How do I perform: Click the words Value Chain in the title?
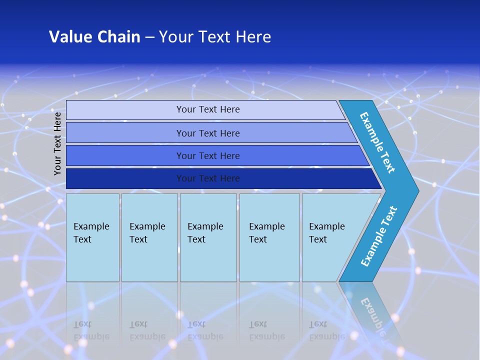coord(94,37)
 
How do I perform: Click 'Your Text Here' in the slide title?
coord(215,37)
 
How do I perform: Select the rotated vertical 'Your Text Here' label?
coord(57,143)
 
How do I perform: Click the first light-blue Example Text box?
coord(92,237)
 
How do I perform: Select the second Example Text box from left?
coord(149,237)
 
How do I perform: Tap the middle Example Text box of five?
coord(208,237)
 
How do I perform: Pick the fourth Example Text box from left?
coord(269,237)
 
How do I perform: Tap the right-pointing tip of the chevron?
coord(413,191)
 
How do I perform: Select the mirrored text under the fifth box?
coord(327,331)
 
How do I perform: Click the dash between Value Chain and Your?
coord(149,37)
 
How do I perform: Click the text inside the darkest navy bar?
coord(208,178)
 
